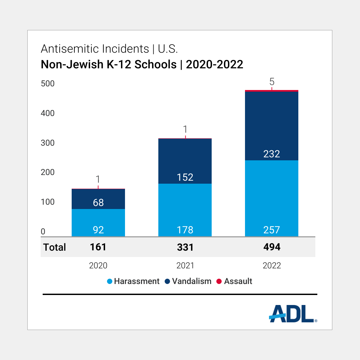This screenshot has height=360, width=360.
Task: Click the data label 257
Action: tap(272, 230)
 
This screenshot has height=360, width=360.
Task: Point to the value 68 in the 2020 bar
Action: tap(98, 202)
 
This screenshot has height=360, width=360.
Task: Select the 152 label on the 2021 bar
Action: tap(185, 177)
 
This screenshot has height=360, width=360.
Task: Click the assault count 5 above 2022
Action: tap(272, 82)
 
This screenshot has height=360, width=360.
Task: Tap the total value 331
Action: tap(185, 247)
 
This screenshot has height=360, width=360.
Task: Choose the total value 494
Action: tap(272, 247)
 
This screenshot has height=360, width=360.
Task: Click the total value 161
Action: tap(98, 247)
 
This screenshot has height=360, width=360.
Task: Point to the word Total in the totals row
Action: tap(55, 247)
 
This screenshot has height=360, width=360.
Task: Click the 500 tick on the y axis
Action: tap(48, 84)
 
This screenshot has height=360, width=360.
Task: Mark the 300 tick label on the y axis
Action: tap(48, 143)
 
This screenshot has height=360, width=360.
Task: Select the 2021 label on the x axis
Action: tap(185, 266)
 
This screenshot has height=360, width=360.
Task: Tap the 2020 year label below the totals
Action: tap(98, 266)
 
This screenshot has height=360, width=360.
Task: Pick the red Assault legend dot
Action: tap(219, 281)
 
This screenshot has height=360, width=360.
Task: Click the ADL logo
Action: tap(292, 313)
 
